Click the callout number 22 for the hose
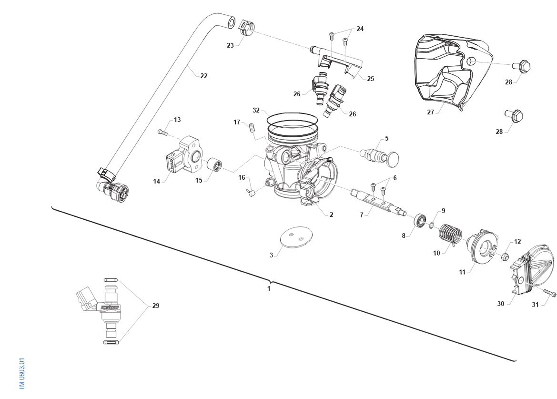(204, 76)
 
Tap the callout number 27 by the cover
(431, 112)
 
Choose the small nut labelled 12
(504, 256)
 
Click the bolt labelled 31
(549, 293)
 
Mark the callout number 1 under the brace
(268, 288)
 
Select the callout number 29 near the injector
(156, 306)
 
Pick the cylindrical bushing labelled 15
(215, 165)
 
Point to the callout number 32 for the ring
(256, 110)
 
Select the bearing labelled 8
(420, 220)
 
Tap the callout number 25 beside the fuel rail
(370, 79)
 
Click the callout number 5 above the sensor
(386, 138)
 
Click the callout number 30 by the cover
(501, 304)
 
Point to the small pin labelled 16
(251, 193)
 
